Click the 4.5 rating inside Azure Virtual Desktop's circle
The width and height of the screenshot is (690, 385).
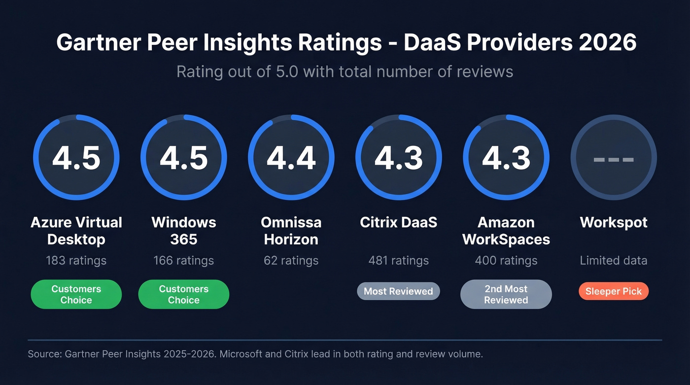[x=76, y=158]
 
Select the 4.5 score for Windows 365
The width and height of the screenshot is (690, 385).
[x=184, y=158]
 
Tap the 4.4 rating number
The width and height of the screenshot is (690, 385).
[x=291, y=158]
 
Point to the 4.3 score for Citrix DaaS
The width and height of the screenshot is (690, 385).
[x=399, y=158]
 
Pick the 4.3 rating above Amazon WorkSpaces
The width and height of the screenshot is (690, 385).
[x=506, y=158]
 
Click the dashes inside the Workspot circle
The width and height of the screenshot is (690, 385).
[x=614, y=159]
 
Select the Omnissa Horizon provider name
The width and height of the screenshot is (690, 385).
[x=291, y=231]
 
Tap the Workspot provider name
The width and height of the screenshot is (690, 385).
[x=614, y=222]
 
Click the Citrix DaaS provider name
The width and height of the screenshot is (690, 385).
[x=399, y=222]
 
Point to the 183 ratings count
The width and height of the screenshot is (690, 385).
[x=76, y=260]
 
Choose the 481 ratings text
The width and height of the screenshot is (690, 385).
[x=399, y=260]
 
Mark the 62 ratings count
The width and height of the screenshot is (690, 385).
[x=291, y=260]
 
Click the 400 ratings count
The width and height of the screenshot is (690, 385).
[x=506, y=260]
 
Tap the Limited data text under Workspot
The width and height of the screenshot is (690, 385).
[x=614, y=260]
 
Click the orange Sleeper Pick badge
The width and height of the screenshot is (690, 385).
[x=614, y=291]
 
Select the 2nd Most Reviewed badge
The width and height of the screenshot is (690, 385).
[x=506, y=294]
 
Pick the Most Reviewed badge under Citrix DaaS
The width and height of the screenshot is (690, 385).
[x=398, y=291]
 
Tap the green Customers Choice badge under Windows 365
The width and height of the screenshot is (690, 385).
[x=184, y=294]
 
